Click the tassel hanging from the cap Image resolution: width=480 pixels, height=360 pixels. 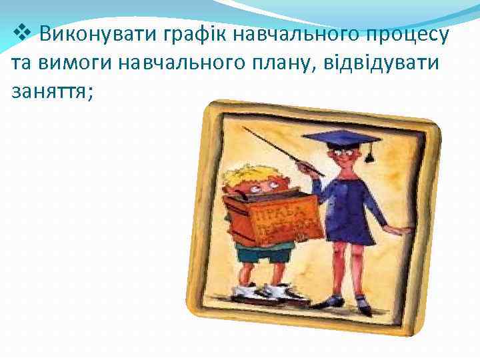[x=368, y=155]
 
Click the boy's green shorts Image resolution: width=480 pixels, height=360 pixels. [x=263, y=253]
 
